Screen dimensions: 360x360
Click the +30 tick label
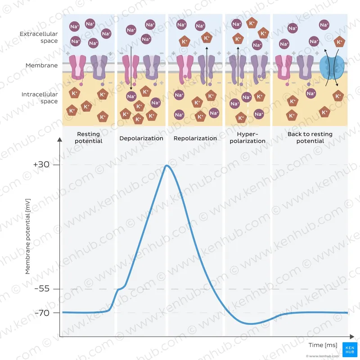point(41,165)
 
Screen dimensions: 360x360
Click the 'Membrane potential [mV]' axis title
point(27,238)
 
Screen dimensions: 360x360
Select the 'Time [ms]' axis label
point(323,345)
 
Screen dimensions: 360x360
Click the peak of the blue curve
point(167,166)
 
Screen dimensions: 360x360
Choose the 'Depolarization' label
point(141,138)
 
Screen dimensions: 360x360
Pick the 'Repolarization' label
point(195,138)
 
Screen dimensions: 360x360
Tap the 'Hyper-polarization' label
point(247,138)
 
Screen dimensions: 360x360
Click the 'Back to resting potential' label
point(310,138)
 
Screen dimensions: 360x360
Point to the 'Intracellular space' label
point(40,98)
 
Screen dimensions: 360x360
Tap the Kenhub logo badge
point(349,349)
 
